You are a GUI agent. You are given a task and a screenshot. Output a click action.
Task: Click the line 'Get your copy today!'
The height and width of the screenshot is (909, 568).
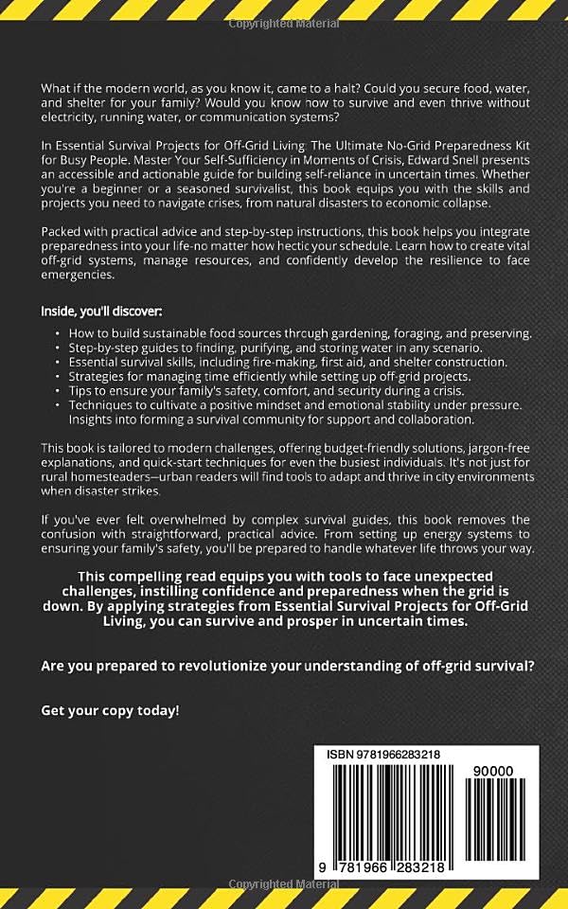[110, 709]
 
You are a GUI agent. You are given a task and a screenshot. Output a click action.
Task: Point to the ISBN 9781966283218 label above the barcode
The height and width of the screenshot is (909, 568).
[382, 755]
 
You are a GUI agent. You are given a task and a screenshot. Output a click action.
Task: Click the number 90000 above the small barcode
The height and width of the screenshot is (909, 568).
[492, 771]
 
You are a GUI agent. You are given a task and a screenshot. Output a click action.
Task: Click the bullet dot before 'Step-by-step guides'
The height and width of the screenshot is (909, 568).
[58, 348]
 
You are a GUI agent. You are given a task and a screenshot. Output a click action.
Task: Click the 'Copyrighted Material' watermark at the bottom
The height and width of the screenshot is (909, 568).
[284, 887]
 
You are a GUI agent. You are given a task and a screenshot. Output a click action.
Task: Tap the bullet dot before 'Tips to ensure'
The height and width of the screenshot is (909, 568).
[58, 391]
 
